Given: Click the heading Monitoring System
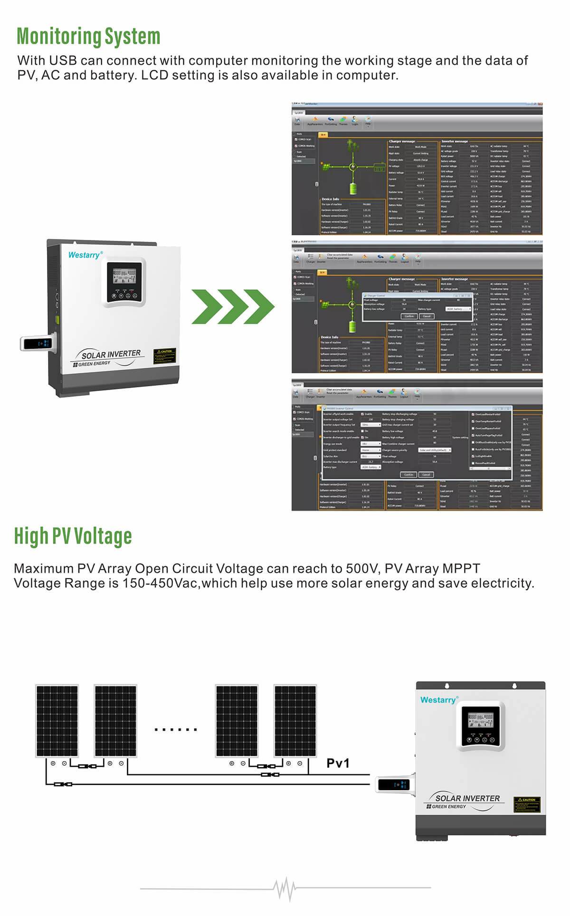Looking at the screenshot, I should coord(88,37).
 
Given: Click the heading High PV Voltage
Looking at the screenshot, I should coord(73,536).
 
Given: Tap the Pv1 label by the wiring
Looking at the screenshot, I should coord(338,763).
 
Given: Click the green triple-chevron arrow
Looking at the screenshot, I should coord(233,307).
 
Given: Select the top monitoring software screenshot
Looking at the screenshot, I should coord(417,169).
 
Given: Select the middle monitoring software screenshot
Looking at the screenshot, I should coord(417,307).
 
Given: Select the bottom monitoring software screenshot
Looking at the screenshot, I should coord(417,445).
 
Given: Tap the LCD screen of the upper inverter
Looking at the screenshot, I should coord(124,277).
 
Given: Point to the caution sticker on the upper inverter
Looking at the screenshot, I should coord(165,356).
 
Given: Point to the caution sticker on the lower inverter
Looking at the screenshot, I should coord(527,805).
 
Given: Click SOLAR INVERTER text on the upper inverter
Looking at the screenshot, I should coord(111,355).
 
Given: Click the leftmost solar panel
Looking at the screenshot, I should coord(57,721).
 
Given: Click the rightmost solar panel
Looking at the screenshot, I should coord(295,721).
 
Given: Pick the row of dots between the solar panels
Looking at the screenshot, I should coord(176,729).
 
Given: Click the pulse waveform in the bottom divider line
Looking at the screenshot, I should coord(285,888).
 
